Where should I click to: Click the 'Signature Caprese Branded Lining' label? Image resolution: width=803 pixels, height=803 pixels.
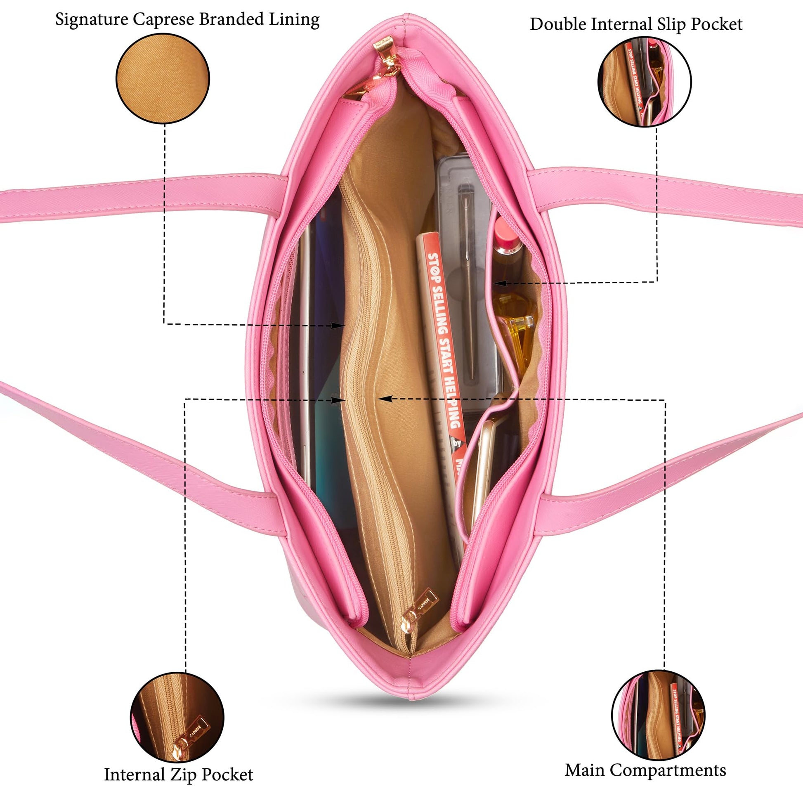point(187,20)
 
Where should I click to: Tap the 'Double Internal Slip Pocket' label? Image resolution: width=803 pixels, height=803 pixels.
point(636,24)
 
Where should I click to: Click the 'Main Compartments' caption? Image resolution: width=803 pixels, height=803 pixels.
point(645,770)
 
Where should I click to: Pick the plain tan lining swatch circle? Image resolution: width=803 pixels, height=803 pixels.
point(163,78)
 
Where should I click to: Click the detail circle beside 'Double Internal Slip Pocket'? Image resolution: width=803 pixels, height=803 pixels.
point(644,81)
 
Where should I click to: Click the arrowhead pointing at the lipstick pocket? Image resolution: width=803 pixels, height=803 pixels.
point(501,283)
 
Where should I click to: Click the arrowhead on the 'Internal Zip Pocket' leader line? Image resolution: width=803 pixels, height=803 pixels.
point(339,400)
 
